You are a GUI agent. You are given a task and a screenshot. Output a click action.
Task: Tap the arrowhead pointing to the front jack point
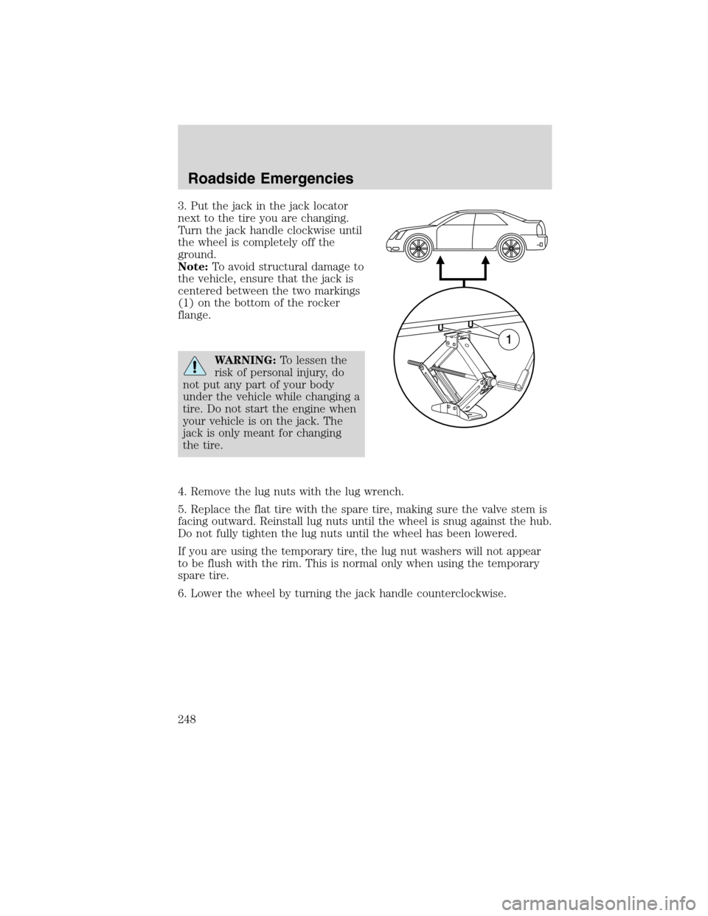pyautogui.click(x=441, y=260)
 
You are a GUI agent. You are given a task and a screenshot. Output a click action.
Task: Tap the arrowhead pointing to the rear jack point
pyautogui.click(x=486, y=260)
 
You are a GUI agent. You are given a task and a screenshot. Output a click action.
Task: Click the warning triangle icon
pyautogui.click(x=195, y=367)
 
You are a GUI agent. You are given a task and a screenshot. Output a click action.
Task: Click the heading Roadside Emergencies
pyautogui.click(x=271, y=178)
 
